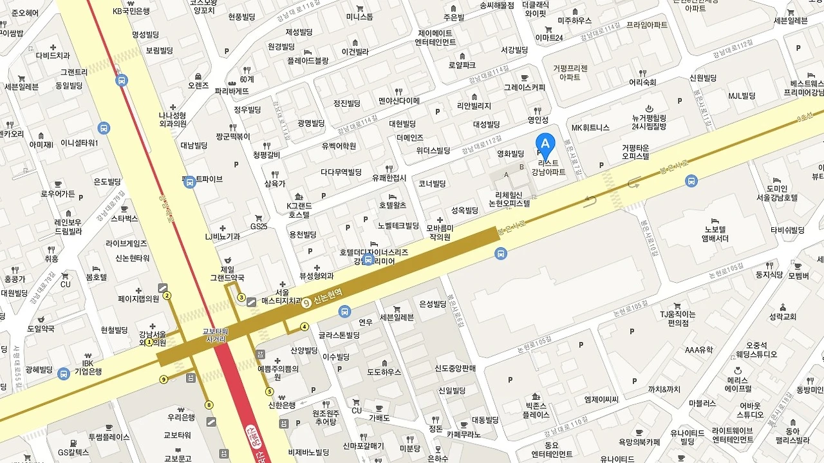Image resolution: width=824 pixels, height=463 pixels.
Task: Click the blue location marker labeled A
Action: point(545,144)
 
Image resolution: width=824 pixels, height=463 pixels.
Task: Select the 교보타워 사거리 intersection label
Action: point(216,335)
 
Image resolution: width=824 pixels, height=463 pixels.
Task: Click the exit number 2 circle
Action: point(167,296)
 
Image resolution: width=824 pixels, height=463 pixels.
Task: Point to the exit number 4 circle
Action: point(304,326)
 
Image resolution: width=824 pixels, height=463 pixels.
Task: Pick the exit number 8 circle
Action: point(209,404)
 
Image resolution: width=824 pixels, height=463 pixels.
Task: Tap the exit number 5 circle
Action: point(269,392)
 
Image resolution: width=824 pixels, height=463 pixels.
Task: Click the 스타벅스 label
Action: point(124,218)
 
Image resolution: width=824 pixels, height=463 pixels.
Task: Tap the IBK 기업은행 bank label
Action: point(88,367)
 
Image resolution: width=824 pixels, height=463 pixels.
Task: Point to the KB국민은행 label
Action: point(131,11)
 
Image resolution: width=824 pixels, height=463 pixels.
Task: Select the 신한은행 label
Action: point(281,405)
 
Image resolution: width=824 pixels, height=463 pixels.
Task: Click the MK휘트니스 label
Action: point(590,128)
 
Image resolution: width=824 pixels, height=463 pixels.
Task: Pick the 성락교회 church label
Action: point(782,317)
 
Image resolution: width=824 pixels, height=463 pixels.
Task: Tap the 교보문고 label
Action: point(178,458)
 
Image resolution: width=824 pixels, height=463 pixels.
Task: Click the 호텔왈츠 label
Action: point(393,205)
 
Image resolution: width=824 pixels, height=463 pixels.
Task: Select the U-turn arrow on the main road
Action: point(590,200)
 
